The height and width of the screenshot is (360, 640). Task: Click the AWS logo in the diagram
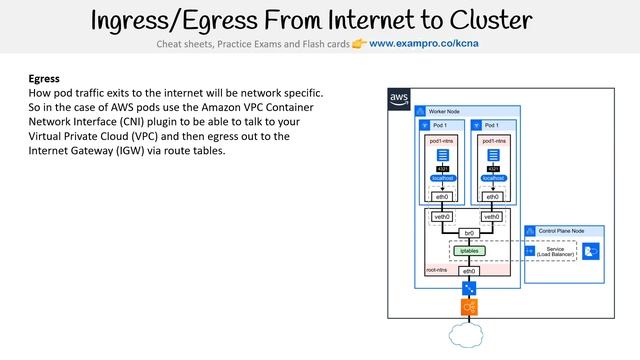point(399,98)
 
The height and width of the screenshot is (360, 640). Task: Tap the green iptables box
point(468,250)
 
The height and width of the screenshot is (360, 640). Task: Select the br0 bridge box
point(468,233)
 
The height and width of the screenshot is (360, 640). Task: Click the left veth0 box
point(442,216)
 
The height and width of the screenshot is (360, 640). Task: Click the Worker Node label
point(446,111)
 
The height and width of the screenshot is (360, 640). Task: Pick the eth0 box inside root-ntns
point(468,271)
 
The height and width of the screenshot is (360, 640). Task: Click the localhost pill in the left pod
point(442,178)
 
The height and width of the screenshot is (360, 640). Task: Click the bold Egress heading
point(44,78)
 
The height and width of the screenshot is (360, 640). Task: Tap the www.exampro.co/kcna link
point(423,44)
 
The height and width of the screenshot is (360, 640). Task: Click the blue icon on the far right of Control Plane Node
point(592,252)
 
